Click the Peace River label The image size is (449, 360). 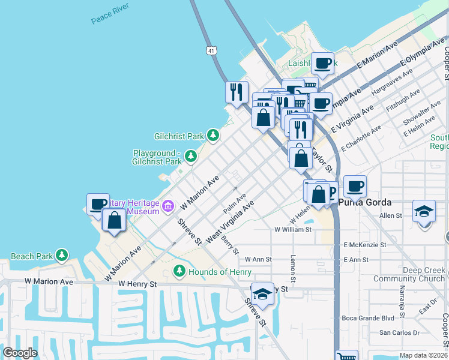(111, 16)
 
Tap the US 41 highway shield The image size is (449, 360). (209, 51)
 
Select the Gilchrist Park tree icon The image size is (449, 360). (212, 136)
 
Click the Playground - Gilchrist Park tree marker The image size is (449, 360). (190, 157)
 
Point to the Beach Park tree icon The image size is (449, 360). (62, 256)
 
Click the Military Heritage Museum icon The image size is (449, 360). (167, 206)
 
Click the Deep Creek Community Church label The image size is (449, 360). (408, 274)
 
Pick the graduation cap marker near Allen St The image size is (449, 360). (424, 212)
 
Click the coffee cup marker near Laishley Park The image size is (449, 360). (322, 63)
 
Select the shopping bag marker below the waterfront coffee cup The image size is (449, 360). (114, 220)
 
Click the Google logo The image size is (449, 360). (20, 353)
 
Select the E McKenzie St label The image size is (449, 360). (364, 245)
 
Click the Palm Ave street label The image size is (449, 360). (235, 203)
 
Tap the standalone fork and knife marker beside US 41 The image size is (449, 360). (237, 92)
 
